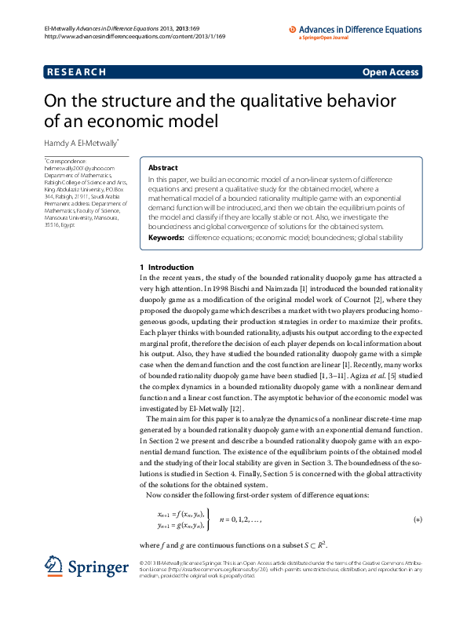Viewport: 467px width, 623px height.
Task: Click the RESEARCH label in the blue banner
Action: pos(76,72)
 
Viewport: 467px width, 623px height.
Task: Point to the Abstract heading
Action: pos(163,168)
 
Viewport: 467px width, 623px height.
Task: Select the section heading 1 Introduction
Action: pos(166,268)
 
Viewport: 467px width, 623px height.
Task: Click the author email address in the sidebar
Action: pos(79,167)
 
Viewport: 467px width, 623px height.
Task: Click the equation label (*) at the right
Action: pos(418,519)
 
